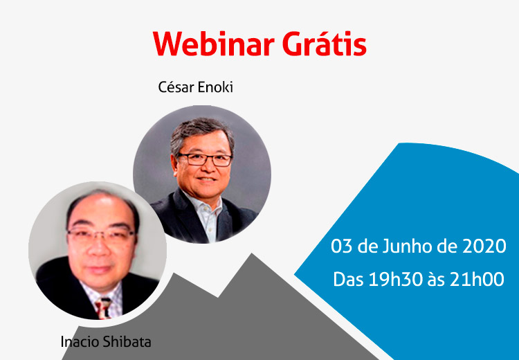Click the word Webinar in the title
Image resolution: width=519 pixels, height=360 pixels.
pyautogui.click(x=214, y=44)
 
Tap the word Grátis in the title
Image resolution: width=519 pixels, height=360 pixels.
pyautogui.click(x=325, y=44)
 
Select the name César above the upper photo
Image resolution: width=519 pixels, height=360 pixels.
pyautogui.click(x=176, y=87)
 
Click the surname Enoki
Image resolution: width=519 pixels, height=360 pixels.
pyautogui.click(x=215, y=87)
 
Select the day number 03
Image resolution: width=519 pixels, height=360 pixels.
pyautogui.click(x=342, y=246)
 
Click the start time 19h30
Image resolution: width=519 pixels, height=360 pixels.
pyautogui.click(x=396, y=279)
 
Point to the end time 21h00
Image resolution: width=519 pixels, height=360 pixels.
pyautogui.click(x=477, y=279)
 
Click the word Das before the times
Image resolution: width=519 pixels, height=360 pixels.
pyautogui.click(x=349, y=279)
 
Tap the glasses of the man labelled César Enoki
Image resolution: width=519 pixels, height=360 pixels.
pyautogui.click(x=205, y=160)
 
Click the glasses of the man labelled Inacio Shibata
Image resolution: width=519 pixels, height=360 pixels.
pyautogui.click(x=101, y=235)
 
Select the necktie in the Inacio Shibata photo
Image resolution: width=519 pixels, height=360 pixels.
pyautogui.click(x=104, y=308)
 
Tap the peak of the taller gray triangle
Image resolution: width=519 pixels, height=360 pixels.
pyautogui.click(x=252, y=253)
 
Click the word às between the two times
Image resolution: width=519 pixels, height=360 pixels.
pyautogui.click(x=436, y=280)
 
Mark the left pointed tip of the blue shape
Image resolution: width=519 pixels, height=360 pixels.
pyautogui.click(x=295, y=275)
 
